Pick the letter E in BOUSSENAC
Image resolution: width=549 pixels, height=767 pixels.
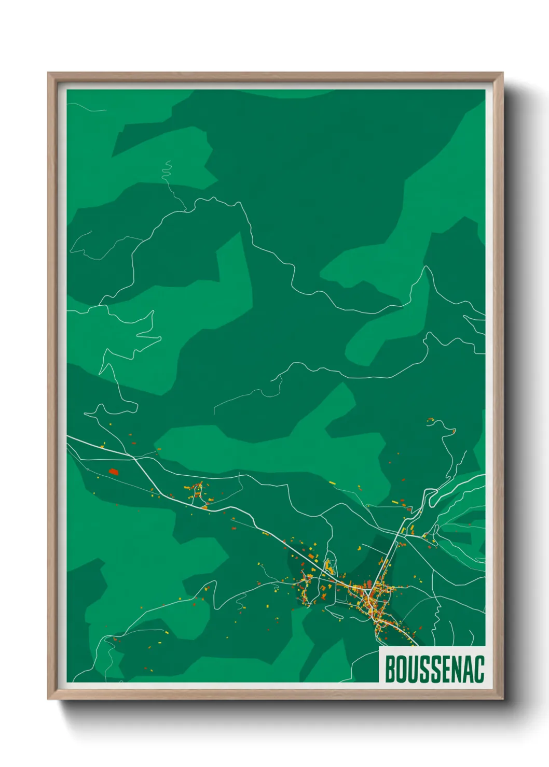pos(445,669)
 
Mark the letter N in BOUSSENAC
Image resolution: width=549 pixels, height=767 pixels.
pos(456,669)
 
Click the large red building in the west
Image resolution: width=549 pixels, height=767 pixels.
pos(113,472)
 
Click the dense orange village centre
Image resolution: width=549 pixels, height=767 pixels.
pos(369,596)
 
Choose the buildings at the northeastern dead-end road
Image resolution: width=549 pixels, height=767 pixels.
pos(431,421)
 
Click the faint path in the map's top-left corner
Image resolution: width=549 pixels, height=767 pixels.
pos(86,107)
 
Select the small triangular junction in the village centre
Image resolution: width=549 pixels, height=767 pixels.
pos(368,591)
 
